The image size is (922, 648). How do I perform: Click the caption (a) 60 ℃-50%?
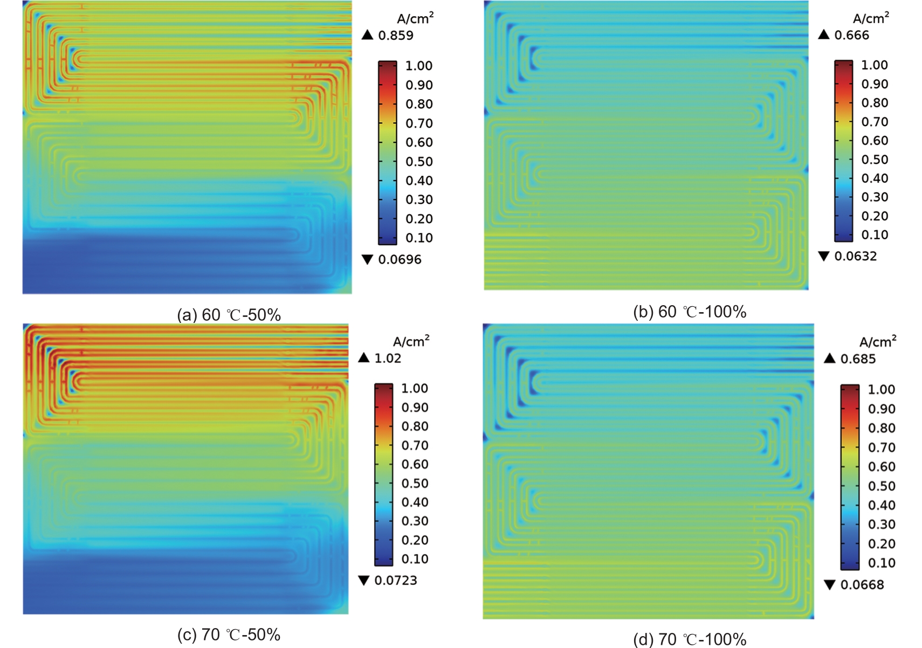pos(229,315)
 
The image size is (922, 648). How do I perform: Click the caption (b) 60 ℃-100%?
pos(690,312)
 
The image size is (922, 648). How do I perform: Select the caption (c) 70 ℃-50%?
pos(229,635)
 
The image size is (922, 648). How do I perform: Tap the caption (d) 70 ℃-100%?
pos(690,639)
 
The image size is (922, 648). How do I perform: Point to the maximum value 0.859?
pos(396,36)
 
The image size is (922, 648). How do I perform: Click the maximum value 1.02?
pos(388,359)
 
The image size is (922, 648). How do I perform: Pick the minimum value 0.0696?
pos(400,259)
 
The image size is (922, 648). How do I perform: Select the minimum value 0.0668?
pos(862,585)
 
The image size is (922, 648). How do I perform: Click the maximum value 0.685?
pos(858,359)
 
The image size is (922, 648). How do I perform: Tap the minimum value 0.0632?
pos(856,256)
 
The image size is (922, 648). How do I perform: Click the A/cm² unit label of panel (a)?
pos(415,19)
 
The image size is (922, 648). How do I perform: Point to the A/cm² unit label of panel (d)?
pos(878,342)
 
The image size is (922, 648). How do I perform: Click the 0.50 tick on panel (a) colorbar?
pos(419,162)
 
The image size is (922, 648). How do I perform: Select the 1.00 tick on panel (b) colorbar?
pos(874,65)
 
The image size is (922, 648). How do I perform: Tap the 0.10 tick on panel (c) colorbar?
pos(415,559)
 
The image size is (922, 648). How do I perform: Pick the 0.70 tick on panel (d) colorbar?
pos(882,447)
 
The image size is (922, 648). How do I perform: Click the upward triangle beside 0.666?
pos(824,35)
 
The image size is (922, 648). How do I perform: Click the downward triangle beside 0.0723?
pos(364,580)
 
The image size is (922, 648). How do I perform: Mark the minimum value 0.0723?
pos(396,581)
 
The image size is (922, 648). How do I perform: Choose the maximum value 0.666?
pos(852,36)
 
